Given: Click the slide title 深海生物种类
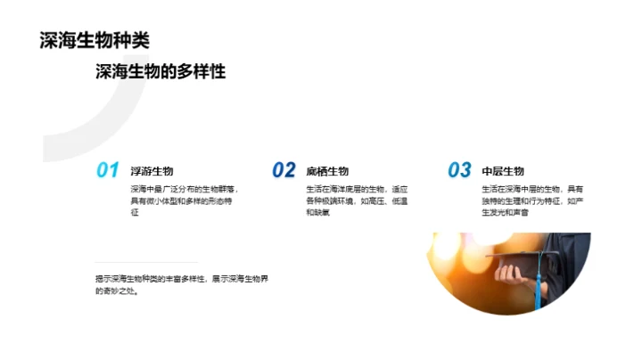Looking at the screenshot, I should click(95, 40).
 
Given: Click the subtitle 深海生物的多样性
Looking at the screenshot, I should click(160, 72).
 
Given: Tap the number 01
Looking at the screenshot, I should click(108, 170).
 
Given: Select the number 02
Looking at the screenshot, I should click(284, 170).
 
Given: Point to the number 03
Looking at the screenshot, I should click(459, 170).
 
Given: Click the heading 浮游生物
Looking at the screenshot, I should click(152, 171).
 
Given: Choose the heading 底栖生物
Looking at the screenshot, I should click(327, 171).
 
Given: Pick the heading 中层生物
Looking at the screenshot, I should click(503, 171).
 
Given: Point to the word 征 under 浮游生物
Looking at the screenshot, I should click(136, 214).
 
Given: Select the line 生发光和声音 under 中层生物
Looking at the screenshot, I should click(505, 214).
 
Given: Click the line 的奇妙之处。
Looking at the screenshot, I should click(117, 290).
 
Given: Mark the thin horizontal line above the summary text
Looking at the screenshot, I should click(134, 262).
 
